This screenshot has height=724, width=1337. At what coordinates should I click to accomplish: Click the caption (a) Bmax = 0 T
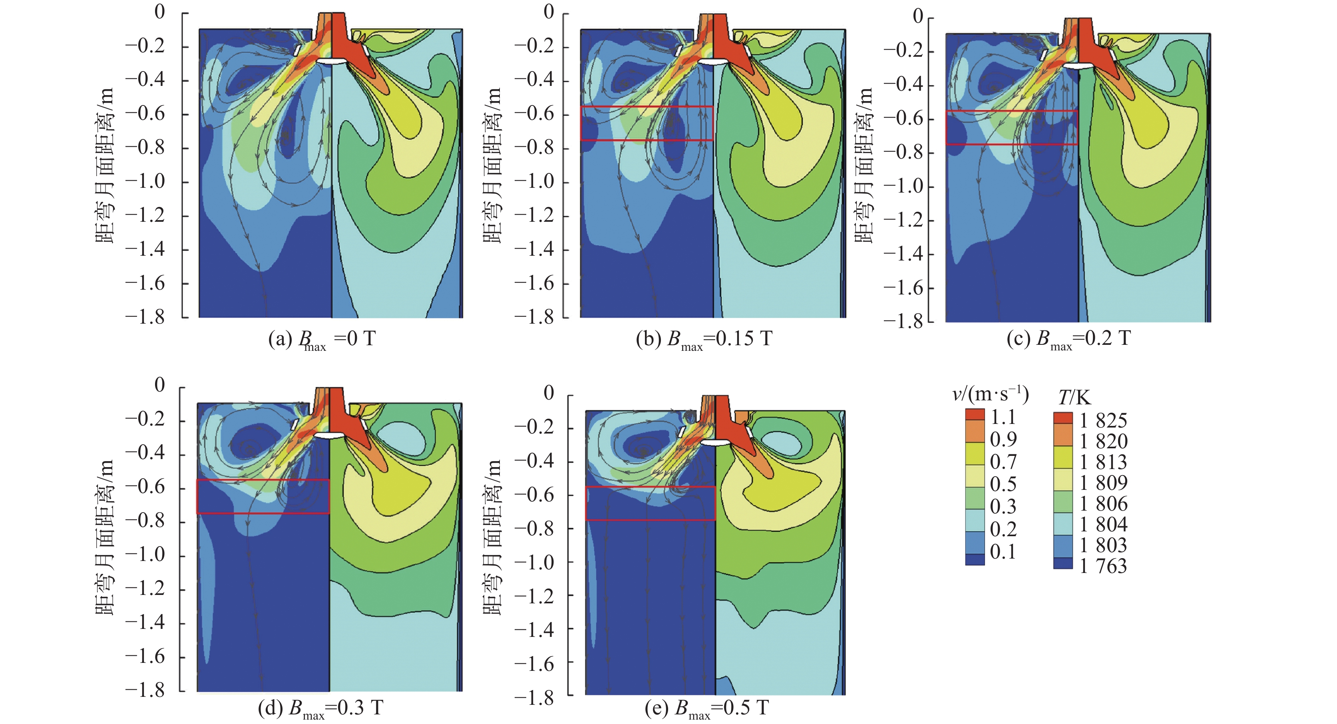(x=322, y=339)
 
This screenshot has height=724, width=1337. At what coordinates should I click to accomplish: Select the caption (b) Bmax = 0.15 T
(x=704, y=339)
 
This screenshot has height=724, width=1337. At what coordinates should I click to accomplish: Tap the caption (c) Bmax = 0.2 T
(x=1068, y=339)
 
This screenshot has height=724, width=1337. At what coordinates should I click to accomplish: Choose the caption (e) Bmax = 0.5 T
(x=706, y=708)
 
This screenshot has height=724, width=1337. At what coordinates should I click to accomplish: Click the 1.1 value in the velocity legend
(x=1003, y=417)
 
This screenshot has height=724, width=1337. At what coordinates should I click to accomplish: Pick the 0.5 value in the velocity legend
(x=1003, y=484)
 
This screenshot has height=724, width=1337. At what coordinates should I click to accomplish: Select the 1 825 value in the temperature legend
(x=1103, y=420)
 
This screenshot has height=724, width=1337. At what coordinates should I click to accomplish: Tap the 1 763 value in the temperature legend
(x=1103, y=566)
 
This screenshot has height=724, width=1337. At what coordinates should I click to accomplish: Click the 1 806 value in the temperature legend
(x=1103, y=504)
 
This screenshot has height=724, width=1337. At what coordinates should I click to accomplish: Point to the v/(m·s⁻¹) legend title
(x=990, y=394)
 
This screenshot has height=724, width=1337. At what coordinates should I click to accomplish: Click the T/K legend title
(x=1074, y=398)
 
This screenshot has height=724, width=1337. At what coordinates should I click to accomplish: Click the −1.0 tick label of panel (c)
(x=903, y=186)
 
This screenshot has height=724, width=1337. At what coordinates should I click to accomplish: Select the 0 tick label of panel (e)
(x=549, y=393)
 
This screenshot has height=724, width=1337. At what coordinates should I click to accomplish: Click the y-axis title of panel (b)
(x=493, y=165)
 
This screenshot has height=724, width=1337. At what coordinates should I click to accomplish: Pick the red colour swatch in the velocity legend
(x=975, y=415)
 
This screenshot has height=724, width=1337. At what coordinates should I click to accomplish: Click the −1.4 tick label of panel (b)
(x=534, y=250)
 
